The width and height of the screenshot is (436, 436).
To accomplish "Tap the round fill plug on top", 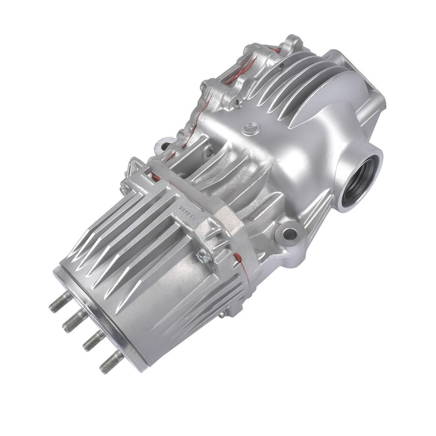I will point(250,129).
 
